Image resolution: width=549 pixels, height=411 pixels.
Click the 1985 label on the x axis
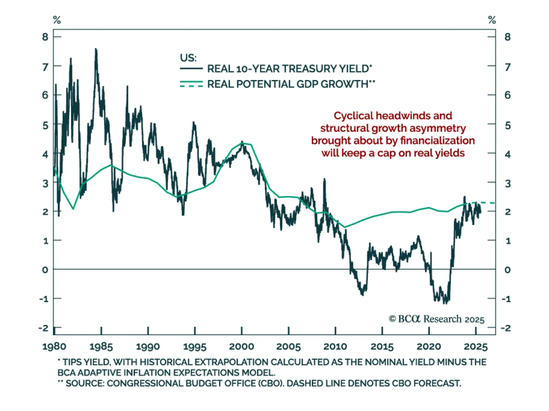101,347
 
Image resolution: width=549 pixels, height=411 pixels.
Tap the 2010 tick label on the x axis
335,347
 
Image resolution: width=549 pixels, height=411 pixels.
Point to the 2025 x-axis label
476,347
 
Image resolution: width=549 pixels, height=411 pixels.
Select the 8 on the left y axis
45,37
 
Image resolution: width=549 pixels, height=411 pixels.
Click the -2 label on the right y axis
506,328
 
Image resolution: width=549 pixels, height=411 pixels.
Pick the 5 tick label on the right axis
507,125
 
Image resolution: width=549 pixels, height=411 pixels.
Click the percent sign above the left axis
57,20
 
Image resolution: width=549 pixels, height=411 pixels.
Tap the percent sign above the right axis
492,20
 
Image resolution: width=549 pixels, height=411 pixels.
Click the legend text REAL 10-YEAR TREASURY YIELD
289,69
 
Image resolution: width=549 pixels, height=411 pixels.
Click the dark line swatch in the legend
191,69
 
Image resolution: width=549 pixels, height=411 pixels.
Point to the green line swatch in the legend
191,84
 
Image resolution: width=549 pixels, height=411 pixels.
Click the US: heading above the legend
188,58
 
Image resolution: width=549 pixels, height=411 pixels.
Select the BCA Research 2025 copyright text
436,319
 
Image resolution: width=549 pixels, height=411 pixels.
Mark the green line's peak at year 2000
242,143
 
